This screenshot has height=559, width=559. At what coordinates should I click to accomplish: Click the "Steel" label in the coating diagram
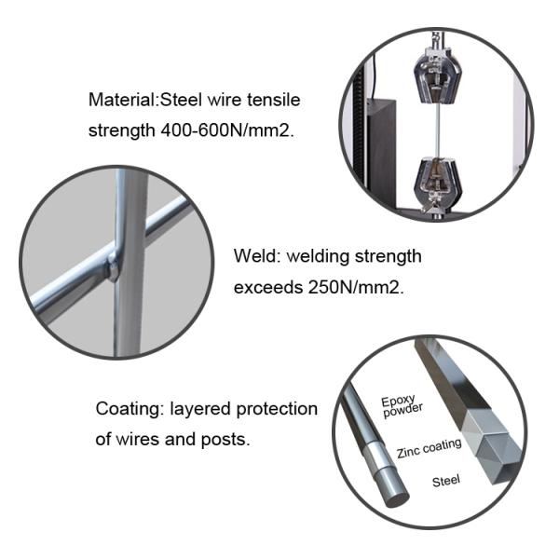pos(448,482)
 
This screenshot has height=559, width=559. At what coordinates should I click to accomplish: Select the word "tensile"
pos(279,100)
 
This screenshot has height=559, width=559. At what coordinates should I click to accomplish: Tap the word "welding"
pos(320,256)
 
